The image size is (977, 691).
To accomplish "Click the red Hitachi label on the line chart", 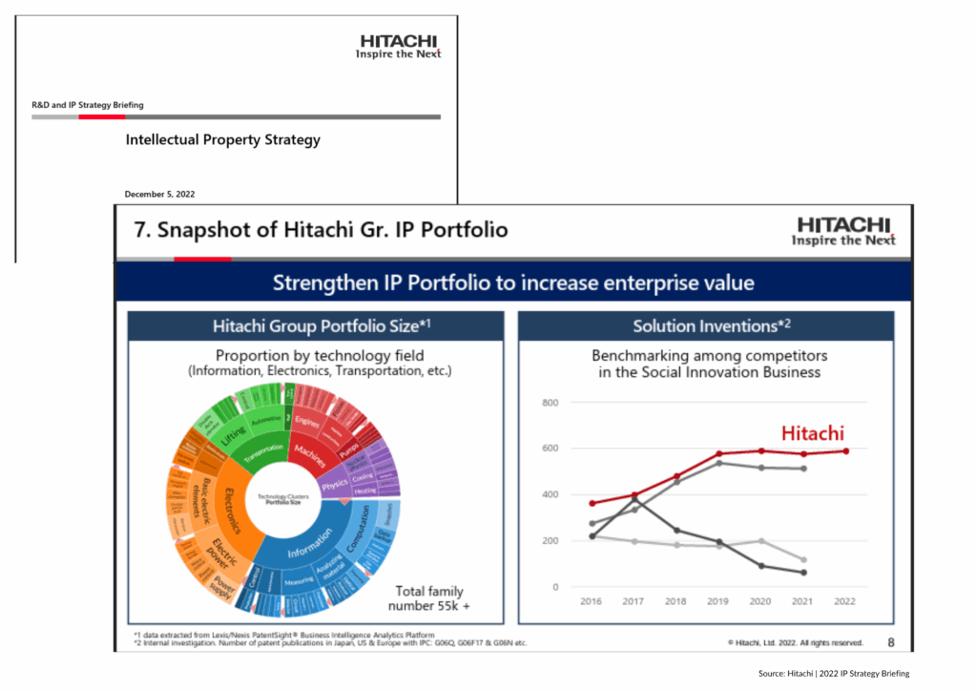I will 813,433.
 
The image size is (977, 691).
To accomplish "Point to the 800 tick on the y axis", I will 550,402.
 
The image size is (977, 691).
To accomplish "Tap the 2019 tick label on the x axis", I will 718,602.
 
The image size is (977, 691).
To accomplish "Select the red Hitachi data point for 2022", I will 845,451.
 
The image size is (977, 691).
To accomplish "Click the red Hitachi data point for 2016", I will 592,503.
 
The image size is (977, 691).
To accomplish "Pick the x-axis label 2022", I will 845,602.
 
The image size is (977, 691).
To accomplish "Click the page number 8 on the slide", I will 891,642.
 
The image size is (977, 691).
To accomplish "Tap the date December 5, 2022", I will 159,195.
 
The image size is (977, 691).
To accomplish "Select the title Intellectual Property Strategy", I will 222,140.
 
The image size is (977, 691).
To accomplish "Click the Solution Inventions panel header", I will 706,326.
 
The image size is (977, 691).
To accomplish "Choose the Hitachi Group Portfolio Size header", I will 316,326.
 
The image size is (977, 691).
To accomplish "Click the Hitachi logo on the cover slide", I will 398,47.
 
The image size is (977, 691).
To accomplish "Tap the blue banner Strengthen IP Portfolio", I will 513,283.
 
